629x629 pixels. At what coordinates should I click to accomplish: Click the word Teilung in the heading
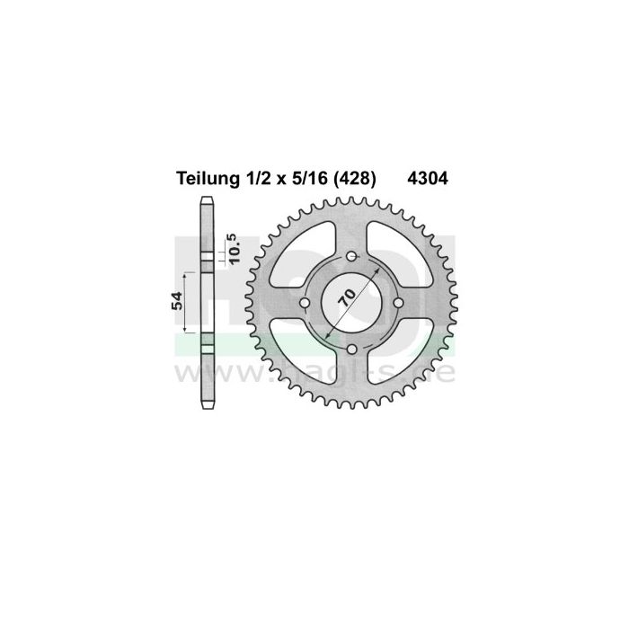(203, 179)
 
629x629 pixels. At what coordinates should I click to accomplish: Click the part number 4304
(431, 179)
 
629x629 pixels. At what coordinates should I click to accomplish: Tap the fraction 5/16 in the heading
(302, 179)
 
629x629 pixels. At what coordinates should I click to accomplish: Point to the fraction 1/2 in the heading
(252, 179)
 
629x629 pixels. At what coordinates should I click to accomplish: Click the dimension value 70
(347, 297)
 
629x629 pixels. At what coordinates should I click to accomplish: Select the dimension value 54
(178, 301)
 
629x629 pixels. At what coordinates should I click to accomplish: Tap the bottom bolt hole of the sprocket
(352, 349)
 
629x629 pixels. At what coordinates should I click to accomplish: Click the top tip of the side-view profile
(206, 198)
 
